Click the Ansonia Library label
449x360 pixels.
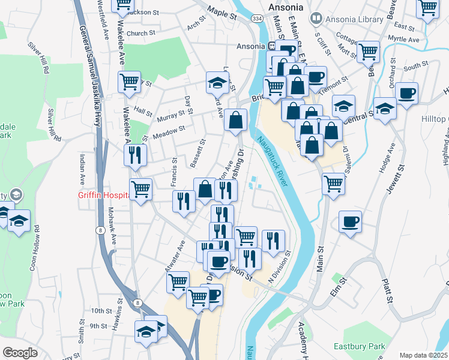pyautogui.click(x=354, y=19)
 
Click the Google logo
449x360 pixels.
pyautogui.click(x=20, y=353)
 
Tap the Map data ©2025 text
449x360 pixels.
pyautogui.click(x=423, y=355)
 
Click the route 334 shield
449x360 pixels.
pyautogui.click(x=257, y=19)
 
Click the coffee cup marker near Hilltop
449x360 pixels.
pyautogui.click(x=406, y=94)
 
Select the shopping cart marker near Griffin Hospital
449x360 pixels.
pyautogui.click(x=141, y=190)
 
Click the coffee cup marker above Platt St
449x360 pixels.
pyautogui.click(x=350, y=221)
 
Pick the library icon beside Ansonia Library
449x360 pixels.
pyautogui.click(x=316, y=19)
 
